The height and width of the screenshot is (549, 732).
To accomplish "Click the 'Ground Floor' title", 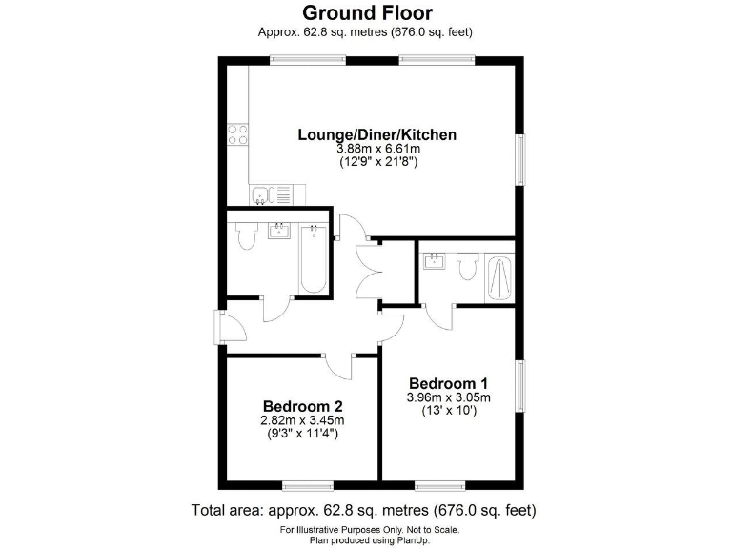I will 367,12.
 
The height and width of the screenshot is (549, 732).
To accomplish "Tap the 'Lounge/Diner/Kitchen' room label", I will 376,134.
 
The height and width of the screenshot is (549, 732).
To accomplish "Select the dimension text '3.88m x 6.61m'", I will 377,150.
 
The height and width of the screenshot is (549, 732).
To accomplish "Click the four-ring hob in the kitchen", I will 236,134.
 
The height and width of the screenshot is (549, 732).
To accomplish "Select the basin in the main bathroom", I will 280,231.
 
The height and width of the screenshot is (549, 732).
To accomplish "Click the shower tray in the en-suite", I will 499,276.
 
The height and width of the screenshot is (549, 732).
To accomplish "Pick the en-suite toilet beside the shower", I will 466,267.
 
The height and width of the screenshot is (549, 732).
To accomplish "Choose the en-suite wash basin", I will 435,260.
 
